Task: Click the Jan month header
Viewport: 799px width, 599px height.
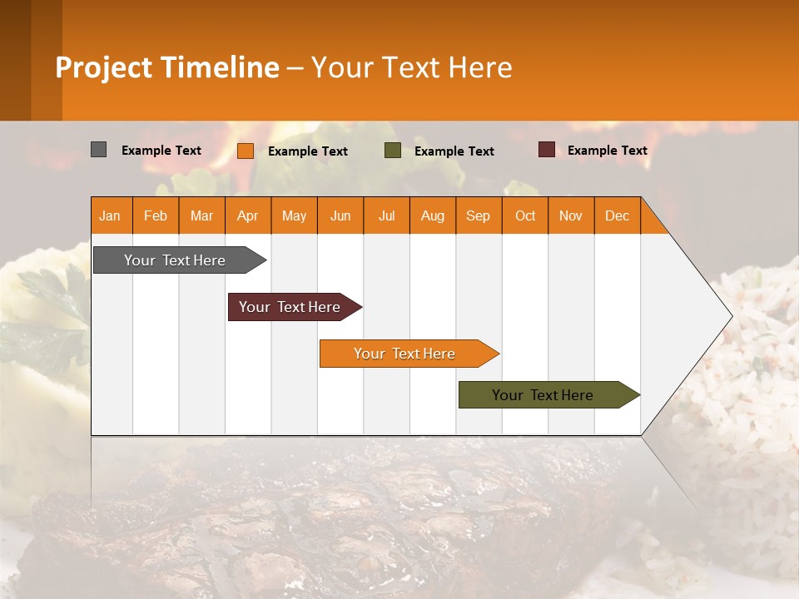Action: (x=110, y=215)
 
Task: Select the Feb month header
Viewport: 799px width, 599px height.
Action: (x=156, y=215)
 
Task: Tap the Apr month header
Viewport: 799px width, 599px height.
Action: (x=247, y=215)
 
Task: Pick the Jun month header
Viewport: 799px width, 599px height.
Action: (x=340, y=215)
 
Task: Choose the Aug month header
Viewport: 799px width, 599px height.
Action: (x=432, y=215)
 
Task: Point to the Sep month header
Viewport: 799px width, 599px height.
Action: (x=478, y=215)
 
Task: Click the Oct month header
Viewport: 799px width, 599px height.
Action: (x=525, y=215)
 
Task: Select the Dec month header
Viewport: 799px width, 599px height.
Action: (x=617, y=215)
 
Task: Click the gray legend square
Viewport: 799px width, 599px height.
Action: (x=98, y=150)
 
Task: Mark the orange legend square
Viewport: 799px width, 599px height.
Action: (x=246, y=151)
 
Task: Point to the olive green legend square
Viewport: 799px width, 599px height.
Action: (x=393, y=151)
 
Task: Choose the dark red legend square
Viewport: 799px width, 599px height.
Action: (x=546, y=150)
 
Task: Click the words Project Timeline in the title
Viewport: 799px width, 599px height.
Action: (x=167, y=67)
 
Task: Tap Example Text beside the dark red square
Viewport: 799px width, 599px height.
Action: (x=607, y=151)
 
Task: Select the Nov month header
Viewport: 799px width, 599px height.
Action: (x=570, y=215)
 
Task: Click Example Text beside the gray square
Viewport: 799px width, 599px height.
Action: (x=161, y=151)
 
